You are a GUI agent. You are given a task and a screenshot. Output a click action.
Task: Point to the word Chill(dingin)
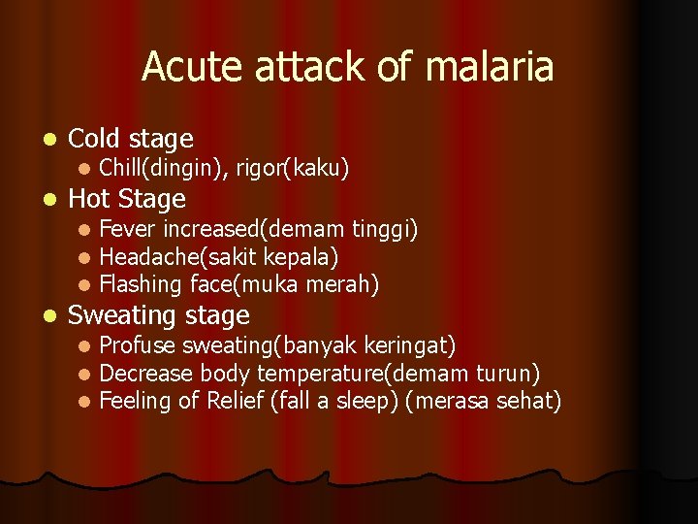(x=159, y=169)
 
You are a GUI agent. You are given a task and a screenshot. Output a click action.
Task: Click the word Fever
(x=128, y=230)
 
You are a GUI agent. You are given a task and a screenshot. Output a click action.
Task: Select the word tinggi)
(x=385, y=230)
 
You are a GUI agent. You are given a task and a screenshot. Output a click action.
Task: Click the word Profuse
(x=138, y=345)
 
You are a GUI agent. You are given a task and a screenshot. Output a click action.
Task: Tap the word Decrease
(x=146, y=374)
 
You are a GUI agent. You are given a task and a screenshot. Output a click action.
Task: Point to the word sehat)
(x=526, y=401)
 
